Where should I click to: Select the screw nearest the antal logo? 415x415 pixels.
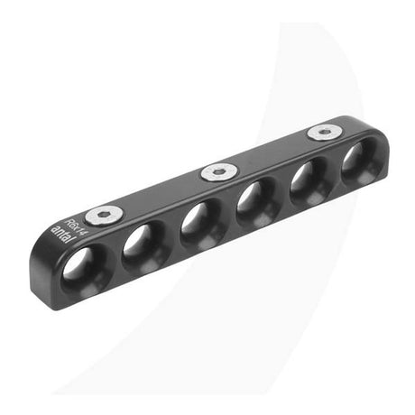click(105, 214)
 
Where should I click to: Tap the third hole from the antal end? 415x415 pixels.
click(199, 225)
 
